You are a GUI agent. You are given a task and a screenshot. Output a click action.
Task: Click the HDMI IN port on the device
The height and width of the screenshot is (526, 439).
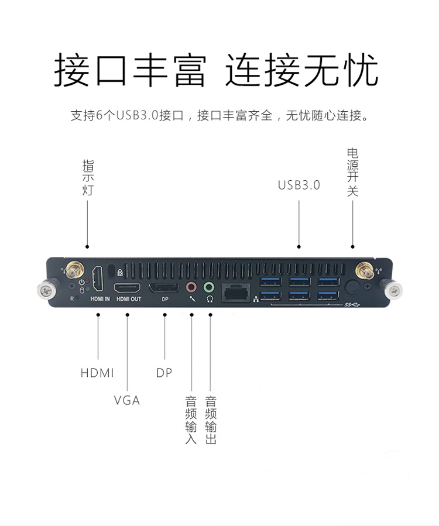[x=100, y=280]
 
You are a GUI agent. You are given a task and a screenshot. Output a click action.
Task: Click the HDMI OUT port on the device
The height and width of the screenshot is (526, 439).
[x=127, y=288]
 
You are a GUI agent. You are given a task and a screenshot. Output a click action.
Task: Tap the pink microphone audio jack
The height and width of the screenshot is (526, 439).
[x=191, y=287]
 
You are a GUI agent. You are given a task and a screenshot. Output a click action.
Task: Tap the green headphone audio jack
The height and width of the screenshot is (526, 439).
[x=209, y=287]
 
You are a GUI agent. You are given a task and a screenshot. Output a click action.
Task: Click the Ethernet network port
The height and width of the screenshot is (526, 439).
[x=236, y=291]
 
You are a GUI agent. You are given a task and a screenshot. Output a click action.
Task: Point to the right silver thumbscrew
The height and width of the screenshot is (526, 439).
[x=394, y=288]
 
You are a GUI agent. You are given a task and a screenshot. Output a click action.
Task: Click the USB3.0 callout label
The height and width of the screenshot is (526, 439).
[x=299, y=185]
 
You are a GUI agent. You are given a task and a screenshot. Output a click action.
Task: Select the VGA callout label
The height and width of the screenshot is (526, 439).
[x=127, y=401]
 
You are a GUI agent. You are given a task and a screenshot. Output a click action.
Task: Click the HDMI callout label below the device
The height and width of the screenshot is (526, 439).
[x=97, y=373]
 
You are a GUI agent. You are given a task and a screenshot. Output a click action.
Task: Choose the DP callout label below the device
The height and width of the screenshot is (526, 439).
[x=164, y=373]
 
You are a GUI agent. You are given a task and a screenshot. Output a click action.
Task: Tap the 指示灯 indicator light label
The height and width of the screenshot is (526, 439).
[x=88, y=177]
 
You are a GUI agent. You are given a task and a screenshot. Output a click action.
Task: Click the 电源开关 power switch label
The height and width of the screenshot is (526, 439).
[x=352, y=171]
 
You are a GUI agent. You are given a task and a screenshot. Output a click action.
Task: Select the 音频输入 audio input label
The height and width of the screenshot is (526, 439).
[x=191, y=420]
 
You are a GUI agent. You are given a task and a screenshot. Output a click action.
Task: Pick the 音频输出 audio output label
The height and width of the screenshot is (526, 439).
[x=211, y=420]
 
